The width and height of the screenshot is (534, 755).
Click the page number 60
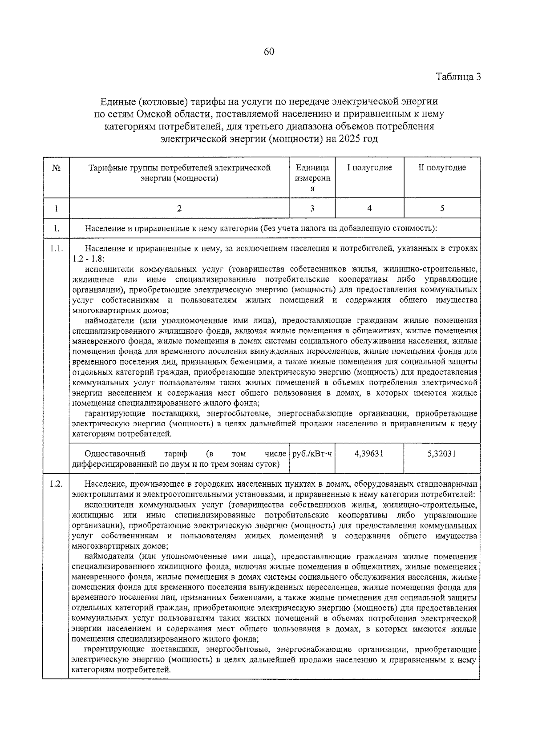(x=269, y=52)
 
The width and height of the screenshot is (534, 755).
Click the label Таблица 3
(x=458, y=76)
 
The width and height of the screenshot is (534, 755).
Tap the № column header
(x=56, y=168)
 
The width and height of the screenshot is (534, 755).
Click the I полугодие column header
(x=369, y=168)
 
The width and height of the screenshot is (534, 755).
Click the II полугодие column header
(x=442, y=168)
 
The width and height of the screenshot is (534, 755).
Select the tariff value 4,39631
(x=369, y=454)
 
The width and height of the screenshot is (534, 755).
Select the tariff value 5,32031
(x=441, y=454)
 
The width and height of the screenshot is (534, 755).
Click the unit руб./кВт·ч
(x=312, y=454)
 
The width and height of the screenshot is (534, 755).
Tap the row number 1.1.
(x=56, y=248)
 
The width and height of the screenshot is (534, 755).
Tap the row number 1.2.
(x=56, y=484)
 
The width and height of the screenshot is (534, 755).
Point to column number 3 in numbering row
(x=312, y=208)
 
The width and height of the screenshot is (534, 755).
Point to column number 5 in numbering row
(x=442, y=208)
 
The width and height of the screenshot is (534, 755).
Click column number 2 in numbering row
(x=179, y=208)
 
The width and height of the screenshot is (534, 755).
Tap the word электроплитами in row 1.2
(x=98, y=494)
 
